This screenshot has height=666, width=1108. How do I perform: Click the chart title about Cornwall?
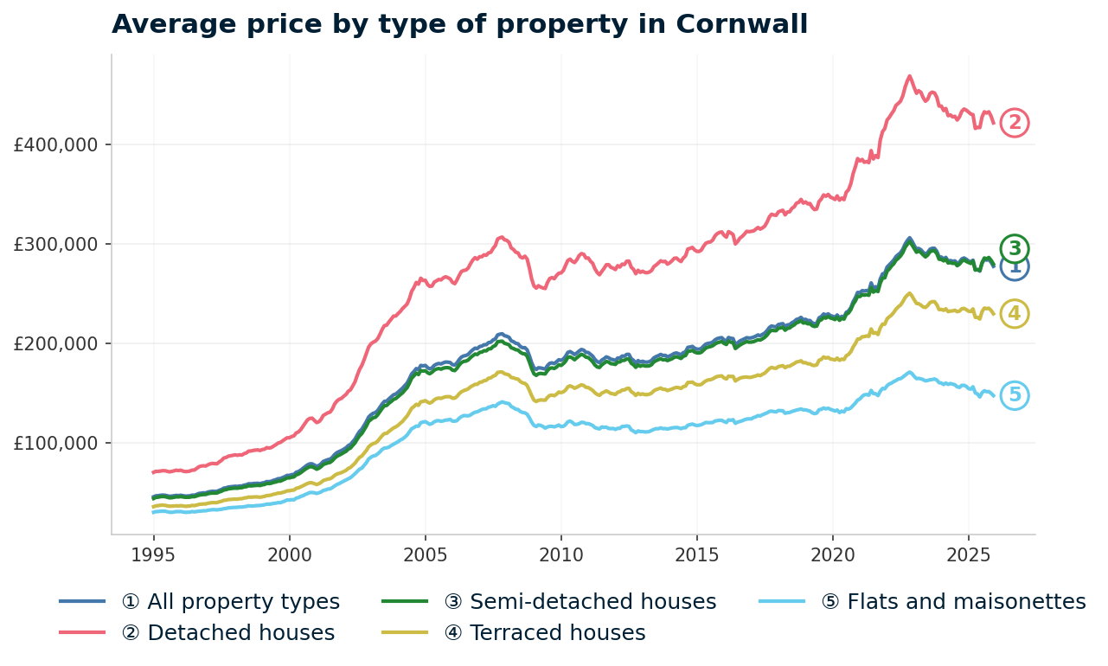pyautogui.click(x=459, y=24)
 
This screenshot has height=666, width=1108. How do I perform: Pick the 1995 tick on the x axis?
pyautogui.click(x=153, y=553)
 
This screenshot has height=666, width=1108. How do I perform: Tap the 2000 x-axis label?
pyautogui.click(x=289, y=553)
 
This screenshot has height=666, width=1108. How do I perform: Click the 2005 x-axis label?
pyautogui.click(x=425, y=553)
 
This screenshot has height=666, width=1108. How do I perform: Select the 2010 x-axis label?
pyautogui.click(x=560, y=553)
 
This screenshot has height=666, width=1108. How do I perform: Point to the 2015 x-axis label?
pyautogui.click(x=696, y=553)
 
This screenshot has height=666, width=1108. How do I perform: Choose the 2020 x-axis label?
pyautogui.click(x=832, y=553)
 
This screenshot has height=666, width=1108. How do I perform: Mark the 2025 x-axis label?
pyautogui.click(x=968, y=553)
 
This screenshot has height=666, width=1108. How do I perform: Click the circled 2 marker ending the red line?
pyautogui.click(x=1015, y=123)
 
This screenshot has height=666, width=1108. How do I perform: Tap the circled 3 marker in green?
pyautogui.click(x=1015, y=248)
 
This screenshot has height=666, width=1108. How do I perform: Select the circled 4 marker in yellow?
pyautogui.click(x=1015, y=313)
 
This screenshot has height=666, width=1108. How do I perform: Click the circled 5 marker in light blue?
pyautogui.click(x=1015, y=395)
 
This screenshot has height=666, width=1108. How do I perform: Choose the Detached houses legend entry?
pyautogui.click(x=228, y=633)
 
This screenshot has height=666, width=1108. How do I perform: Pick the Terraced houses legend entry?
pyautogui.click(x=545, y=633)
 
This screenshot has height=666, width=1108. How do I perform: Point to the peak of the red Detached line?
pyautogui.click(x=909, y=76)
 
